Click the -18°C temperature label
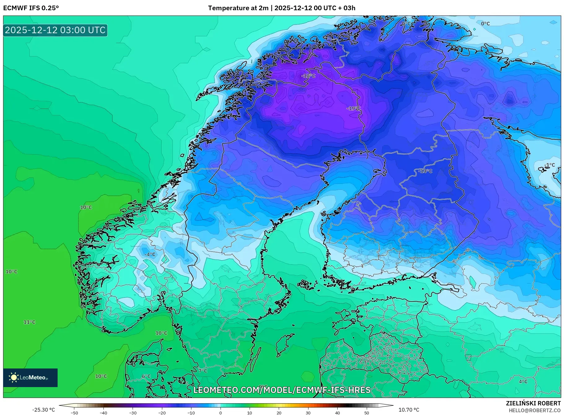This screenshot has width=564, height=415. (308, 76)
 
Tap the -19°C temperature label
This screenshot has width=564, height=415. (353, 108)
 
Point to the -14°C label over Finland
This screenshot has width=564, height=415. (425, 171)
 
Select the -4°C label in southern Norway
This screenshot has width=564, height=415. (150, 254)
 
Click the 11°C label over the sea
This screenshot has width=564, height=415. (29, 322)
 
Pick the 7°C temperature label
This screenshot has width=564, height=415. (203, 371)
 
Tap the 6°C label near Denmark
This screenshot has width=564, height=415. (146, 376)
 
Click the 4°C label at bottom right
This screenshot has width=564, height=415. (523, 382)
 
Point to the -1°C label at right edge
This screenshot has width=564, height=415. (550, 165)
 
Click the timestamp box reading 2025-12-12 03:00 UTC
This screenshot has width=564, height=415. (55, 30)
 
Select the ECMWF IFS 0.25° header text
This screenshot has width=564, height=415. (31, 8)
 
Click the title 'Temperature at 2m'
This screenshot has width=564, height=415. (238, 8)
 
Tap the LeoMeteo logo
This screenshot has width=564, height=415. (30, 377)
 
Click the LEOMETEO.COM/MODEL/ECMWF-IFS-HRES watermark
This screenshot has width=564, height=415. (282, 390)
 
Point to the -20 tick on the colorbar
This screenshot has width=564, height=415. (162, 413)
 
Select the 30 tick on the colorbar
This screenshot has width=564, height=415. (308, 413)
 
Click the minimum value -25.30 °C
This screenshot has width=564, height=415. (44, 410)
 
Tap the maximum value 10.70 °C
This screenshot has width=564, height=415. (409, 410)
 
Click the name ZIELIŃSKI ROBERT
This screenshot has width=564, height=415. (533, 403)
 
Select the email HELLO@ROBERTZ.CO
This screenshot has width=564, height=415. (535, 410)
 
